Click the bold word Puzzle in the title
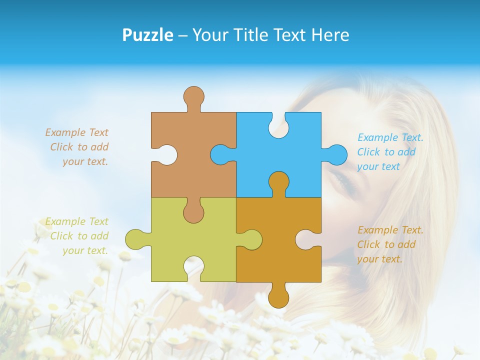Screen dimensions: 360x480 pos(147,35)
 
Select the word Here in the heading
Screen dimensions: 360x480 pos(330,35)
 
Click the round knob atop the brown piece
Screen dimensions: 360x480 pos(193,96)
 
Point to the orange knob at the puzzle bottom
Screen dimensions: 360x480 pos(278,297)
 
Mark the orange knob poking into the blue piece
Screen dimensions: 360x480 pos(278,182)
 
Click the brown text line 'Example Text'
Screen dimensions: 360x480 pos(77,132)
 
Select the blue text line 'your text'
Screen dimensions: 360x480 pos(378,167)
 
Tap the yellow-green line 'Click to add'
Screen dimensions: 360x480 pos(79,236)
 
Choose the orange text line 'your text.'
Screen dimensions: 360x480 pos(379,259)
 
